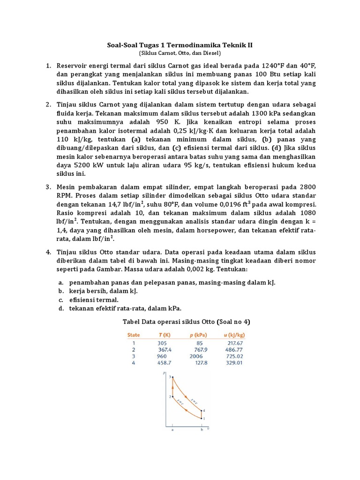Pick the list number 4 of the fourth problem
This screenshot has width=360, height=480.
(x=48, y=252)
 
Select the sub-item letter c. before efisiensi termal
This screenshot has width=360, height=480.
(x=61, y=300)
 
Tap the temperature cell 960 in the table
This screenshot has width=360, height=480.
(x=162, y=356)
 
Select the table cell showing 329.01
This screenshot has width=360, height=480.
(x=233, y=362)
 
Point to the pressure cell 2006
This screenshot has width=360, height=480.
(x=196, y=356)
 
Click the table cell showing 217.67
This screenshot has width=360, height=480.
(x=233, y=343)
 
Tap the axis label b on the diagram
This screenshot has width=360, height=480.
(x=202, y=429)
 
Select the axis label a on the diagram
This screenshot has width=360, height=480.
(x=172, y=429)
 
